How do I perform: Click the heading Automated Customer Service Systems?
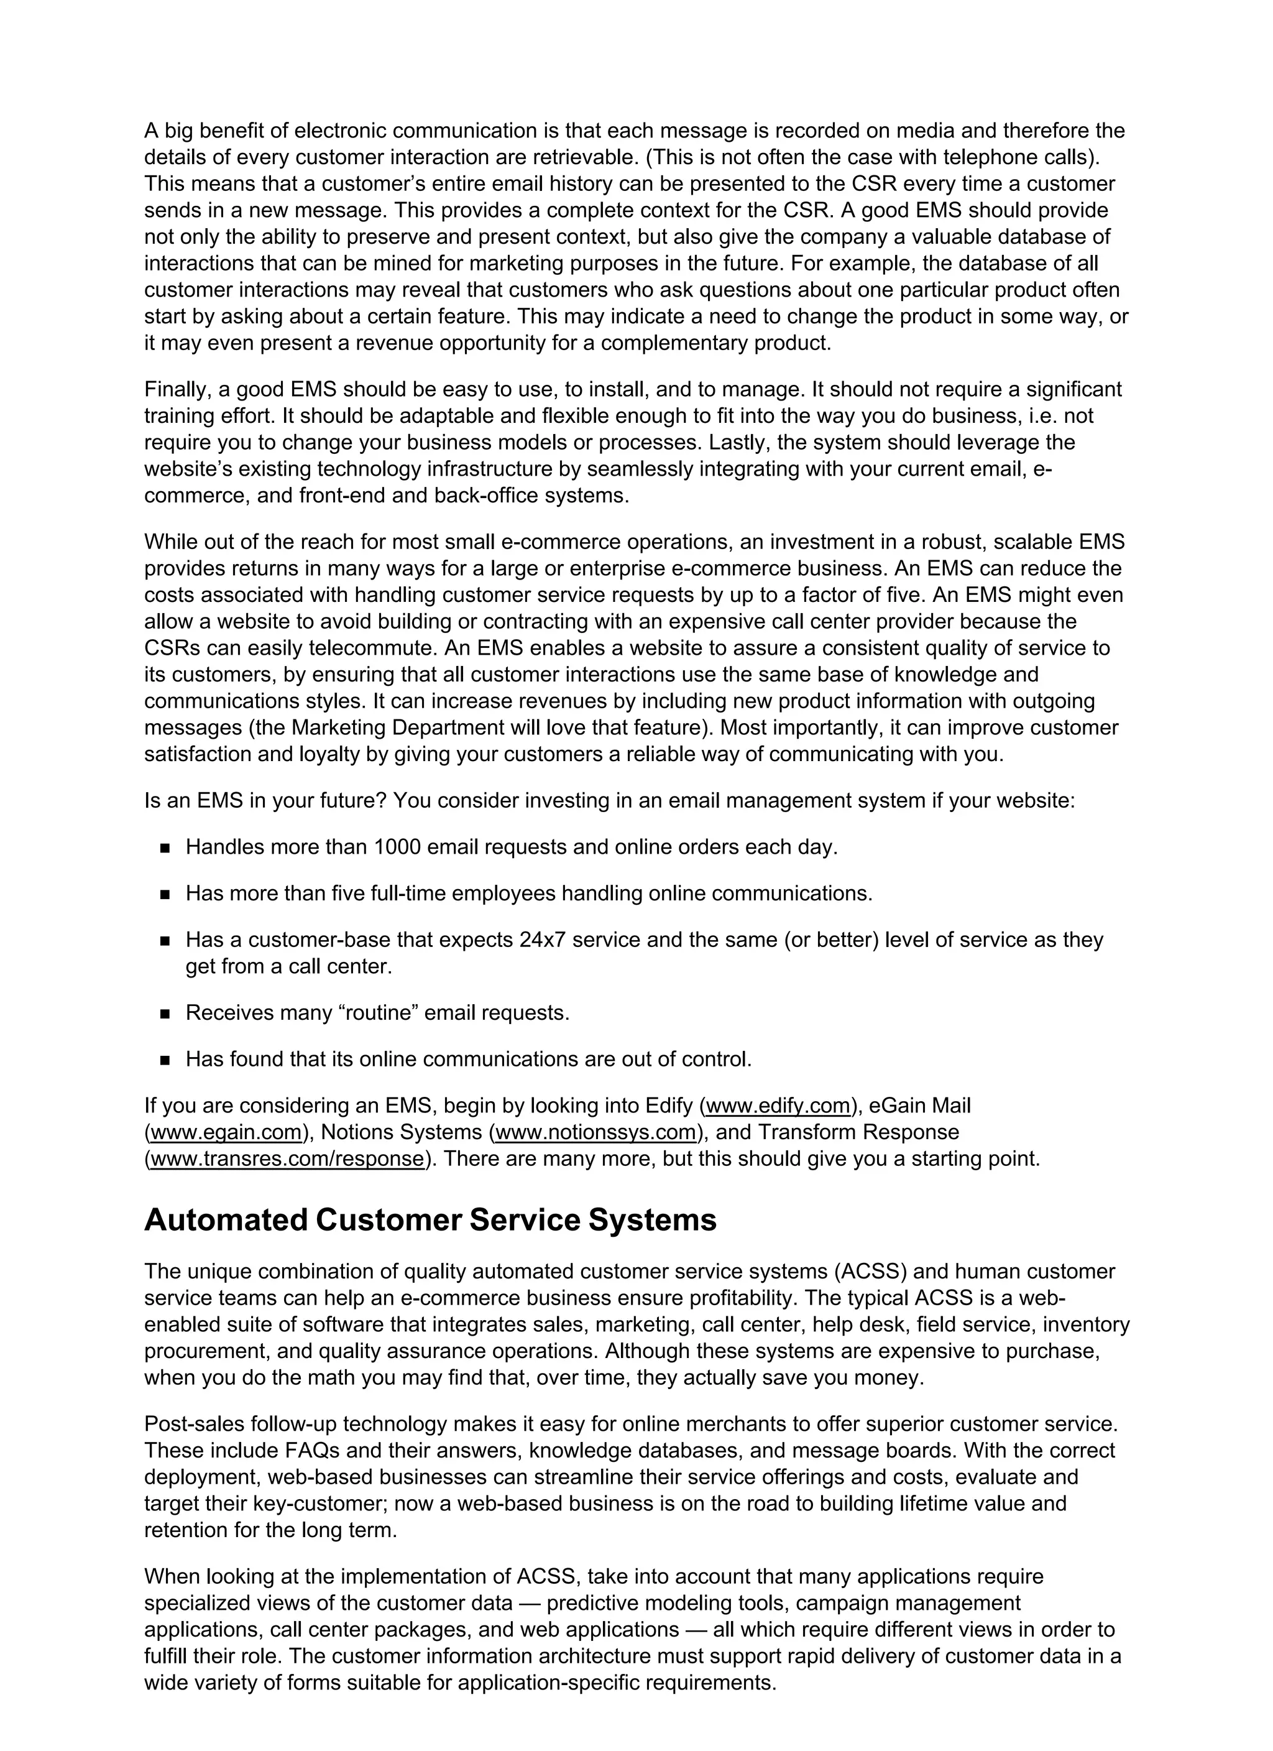click(430, 1221)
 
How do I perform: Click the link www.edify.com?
click(778, 1106)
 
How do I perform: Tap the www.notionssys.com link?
click(596, 1132)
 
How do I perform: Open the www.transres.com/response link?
click(287, 1159)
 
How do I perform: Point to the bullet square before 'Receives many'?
click(165, 1014)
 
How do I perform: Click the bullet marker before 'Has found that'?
click(165, 1060)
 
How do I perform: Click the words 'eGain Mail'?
click(919, 1106)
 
